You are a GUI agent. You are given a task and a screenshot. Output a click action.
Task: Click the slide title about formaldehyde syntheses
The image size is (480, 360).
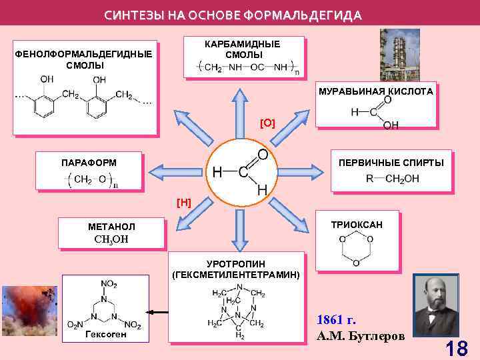233,15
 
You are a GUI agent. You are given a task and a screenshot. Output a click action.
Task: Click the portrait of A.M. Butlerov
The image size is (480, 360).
437,307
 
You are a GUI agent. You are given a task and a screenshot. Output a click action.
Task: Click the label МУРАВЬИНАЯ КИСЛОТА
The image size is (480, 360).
375,91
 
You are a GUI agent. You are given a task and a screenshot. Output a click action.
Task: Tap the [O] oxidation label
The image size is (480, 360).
267,123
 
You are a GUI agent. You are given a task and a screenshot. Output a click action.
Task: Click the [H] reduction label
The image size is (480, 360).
184,202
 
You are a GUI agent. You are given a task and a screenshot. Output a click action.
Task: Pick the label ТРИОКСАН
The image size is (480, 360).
357,225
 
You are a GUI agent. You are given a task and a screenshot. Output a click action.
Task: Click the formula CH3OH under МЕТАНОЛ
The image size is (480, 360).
111,239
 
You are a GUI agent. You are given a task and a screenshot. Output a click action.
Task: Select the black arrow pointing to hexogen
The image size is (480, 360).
157,311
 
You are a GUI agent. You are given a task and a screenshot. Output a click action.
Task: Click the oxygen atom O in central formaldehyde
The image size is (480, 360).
263,154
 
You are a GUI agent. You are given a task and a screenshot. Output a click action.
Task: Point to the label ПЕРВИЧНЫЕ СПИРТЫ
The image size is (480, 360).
391,162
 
